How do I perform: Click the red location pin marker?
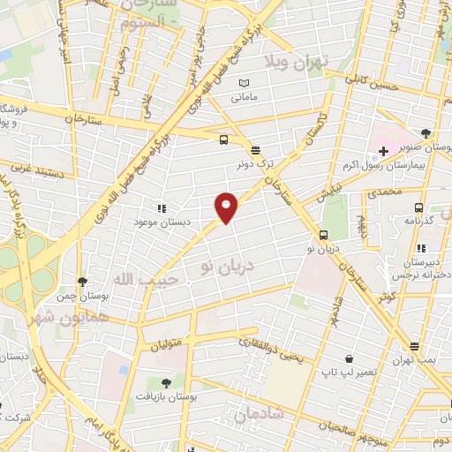point(226,207)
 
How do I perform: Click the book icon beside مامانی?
point(245,84)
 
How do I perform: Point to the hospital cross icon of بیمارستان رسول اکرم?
point(382,152)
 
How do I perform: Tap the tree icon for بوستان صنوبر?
point(426,133)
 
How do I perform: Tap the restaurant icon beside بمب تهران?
point(414,346)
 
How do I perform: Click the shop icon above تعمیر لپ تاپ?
point(350,360)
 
